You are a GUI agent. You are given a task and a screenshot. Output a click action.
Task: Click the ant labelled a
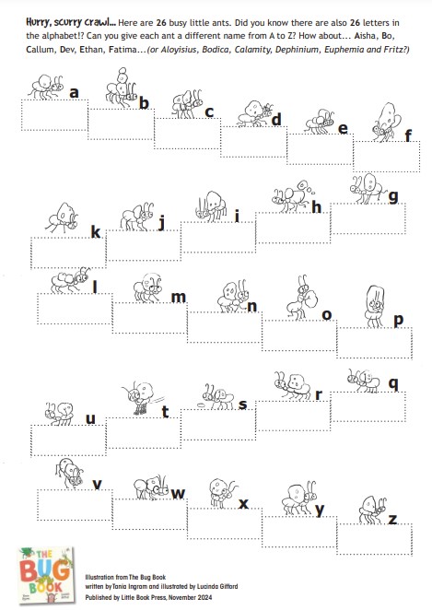46,87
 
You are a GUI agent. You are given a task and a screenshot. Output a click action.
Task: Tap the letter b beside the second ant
144,103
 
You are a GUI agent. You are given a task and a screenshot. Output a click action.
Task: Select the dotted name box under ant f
387,156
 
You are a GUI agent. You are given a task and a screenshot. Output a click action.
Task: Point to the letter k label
96,232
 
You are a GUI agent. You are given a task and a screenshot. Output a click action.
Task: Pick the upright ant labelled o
302,298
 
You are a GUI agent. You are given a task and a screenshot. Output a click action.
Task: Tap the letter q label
393,384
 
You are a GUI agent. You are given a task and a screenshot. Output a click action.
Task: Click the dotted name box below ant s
218,425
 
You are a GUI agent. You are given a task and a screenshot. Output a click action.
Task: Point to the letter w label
178,494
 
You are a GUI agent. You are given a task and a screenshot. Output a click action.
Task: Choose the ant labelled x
222,493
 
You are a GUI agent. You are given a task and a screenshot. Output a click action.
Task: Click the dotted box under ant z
375,539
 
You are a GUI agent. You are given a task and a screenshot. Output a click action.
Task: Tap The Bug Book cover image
45,575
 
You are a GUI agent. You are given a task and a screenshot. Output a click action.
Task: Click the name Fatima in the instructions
123,50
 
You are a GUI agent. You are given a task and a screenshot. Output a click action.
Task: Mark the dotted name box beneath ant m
150,318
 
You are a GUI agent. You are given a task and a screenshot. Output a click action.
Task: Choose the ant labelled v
70,473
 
